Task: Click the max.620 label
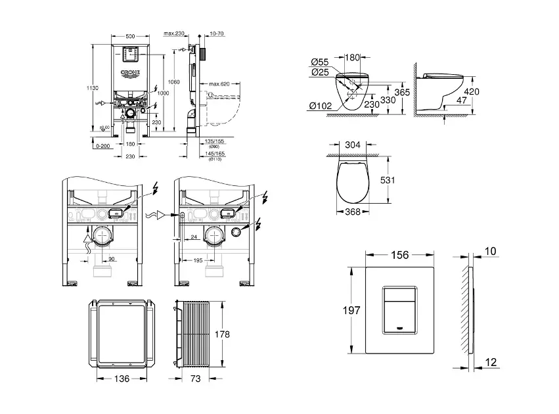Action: pos(220,84)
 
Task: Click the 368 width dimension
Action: pos(353,212)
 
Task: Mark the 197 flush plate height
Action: pos(352,311)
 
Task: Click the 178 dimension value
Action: pos(223,334)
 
